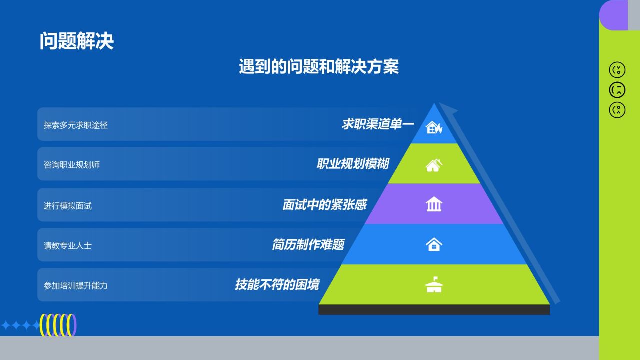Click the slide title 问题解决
(x=77, y=41)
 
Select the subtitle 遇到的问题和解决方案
(x=319, y=66)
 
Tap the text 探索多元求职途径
(x=75, y=125)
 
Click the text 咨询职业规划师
(x=71, y=165)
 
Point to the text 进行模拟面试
(x=67, y=205)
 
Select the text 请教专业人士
(x=67, y=245)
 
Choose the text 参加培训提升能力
(x=75, y=285)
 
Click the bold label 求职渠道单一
(x=378, y=124)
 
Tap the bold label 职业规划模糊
(x=353, y=164)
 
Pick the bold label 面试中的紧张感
(x=325, y=205)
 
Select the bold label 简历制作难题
(x=308, y=245)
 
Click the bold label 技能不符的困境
(x=277, y=285)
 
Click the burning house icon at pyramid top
(x=434, y=127)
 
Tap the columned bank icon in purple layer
(x=434, y=204)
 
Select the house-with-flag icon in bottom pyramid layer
(x=434, y=284)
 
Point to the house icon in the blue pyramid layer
(x=434, y=244)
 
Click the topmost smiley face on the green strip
(x=617, y=70)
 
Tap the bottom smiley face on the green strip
(x=617, y=110)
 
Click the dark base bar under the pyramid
(x=434, y=309)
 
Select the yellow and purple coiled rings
(x=58, y=325)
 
